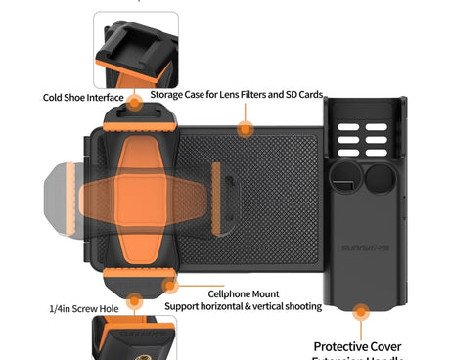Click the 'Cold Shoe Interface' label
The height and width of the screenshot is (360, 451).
tap(83, 97)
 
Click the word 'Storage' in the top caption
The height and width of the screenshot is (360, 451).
tap(170, 94)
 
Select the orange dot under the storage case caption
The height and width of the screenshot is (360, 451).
tap(244, 126)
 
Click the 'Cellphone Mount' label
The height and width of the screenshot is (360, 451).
tap(244, 293)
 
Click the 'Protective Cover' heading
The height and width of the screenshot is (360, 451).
tap(357, 346)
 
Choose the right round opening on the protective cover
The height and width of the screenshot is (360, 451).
tap(382, 176)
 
